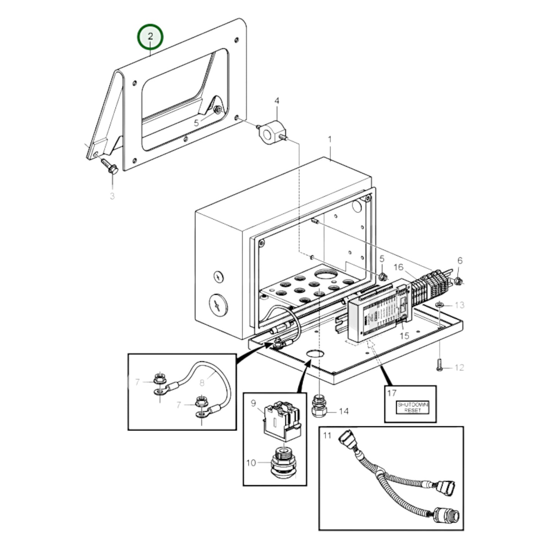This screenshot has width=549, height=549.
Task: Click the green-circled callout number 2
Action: (x=150, y=37)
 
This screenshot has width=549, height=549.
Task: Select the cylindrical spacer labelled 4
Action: (x=271, y=132)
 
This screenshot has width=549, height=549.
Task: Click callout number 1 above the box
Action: (x=330, y=140)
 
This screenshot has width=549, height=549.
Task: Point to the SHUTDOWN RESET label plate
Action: (x=412, y=407)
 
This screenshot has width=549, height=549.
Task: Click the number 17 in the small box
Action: (x=392, y=393)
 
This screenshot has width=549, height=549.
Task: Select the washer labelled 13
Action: (x=439, y=305)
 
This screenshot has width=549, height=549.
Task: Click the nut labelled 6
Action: (x=458, y=281)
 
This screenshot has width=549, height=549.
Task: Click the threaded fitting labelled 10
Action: (x=283, y=463)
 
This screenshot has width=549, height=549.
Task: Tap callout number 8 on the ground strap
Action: (x=202, y=382)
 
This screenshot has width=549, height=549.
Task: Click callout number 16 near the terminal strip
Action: (x=398, y=267)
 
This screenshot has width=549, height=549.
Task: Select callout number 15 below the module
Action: (x=405, y=335)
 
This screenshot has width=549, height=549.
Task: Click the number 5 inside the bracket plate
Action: (x=196, y=123)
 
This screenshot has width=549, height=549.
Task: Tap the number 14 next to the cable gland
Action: (x=343, y=411)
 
